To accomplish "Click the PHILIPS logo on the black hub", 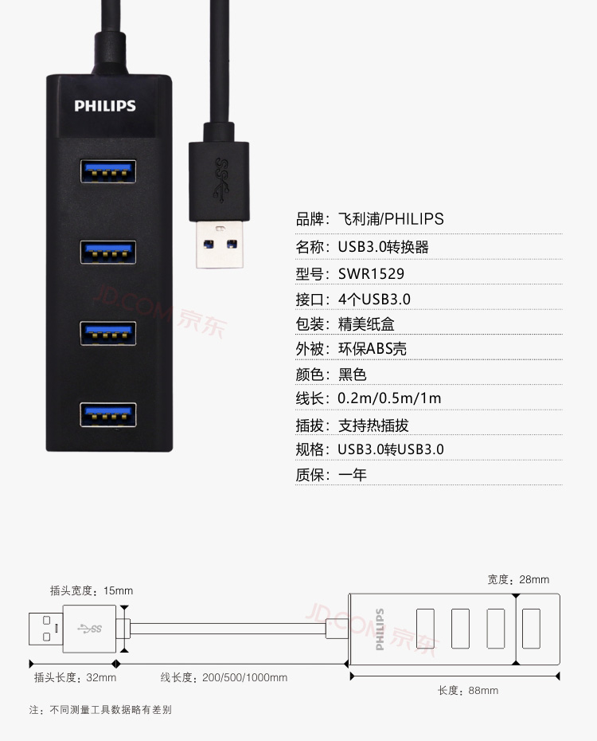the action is pos(105,106).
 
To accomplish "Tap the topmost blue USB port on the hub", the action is pos(108,171).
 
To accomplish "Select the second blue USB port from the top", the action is pos(108,253).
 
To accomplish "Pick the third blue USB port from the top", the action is pos(108,333).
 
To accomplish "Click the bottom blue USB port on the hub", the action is pos(108,414).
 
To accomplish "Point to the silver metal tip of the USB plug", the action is pos(220,245).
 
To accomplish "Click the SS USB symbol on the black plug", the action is pos(220,179).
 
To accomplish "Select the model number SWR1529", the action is pos(371,274).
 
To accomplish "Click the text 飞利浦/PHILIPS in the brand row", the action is pos(391,219).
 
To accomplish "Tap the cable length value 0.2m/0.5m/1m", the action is pos(389,398).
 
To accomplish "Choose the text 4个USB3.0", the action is pos(374,300).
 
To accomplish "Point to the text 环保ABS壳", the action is pos(373,349).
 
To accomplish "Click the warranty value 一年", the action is pos(352,474).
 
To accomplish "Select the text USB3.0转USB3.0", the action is pos(391,449).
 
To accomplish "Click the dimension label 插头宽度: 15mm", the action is pos(92,590).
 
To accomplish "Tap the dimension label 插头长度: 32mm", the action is pos(75,678).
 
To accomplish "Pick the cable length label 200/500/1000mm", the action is pos(244,678).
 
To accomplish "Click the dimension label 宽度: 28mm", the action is pos(518,579).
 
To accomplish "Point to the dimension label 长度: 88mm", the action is pos(468,691).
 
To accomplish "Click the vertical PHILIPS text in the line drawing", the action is pos(380,629).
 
